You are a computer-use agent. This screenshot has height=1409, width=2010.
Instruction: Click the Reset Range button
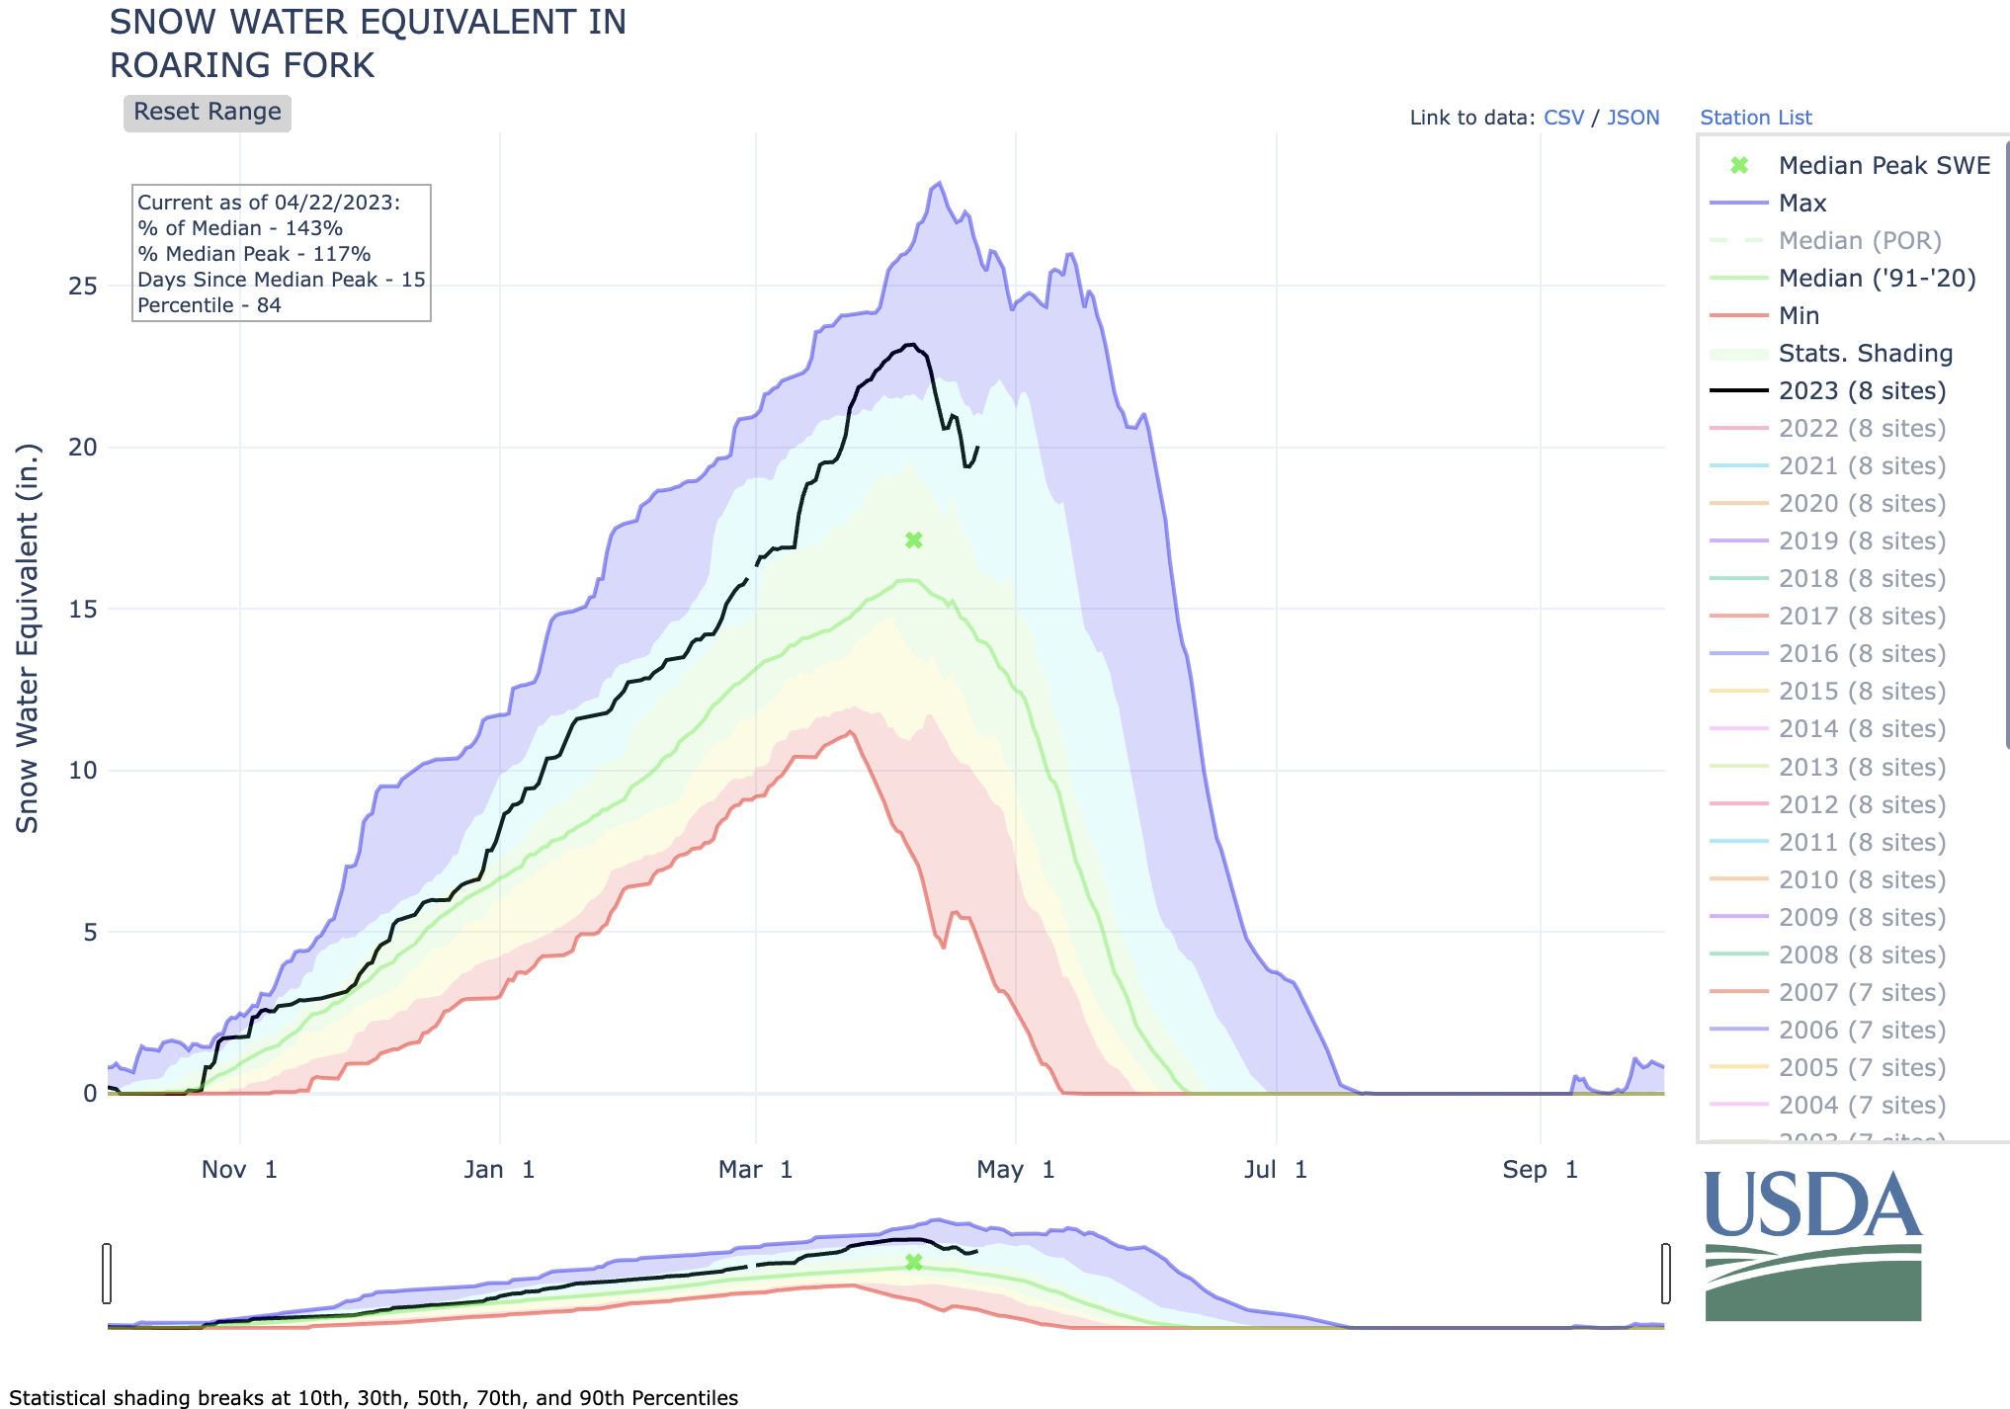[207, 113]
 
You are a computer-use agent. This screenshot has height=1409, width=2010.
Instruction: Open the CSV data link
[1563, 118]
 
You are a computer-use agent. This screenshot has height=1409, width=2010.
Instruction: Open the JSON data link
[1633, 118]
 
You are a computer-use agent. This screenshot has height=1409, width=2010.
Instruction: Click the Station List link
[1755, 118]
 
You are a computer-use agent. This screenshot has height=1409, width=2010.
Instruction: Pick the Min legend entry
[1799, 316]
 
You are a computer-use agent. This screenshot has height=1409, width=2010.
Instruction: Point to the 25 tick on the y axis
[83, 287]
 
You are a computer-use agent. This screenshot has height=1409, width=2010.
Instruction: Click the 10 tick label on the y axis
[83, 771]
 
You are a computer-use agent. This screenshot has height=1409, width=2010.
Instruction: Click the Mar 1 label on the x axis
[755, 1170]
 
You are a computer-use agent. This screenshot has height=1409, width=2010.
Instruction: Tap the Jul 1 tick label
[1275, 1170]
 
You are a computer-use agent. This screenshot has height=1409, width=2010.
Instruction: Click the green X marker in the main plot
[914, 540]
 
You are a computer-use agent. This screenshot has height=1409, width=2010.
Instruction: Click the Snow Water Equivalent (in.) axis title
[28, 638]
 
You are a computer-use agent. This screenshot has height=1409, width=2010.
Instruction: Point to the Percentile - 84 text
[209, 305]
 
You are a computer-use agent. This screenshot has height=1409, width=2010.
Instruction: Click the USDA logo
[1812, 1245]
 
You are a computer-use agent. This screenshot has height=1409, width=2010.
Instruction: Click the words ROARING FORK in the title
[242, 65]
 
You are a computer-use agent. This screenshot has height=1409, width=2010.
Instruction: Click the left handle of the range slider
[107, 1274]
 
